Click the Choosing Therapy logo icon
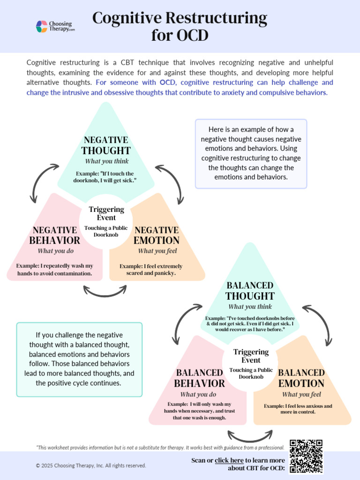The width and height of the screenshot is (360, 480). click(x=42, y=26)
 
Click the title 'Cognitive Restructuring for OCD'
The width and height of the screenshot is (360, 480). click(x=180, y=26)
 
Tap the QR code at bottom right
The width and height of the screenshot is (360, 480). click(x=306, y=456)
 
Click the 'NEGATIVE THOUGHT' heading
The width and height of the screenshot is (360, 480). click(x=106, y=145)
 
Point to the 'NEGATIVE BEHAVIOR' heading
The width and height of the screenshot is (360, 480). click(x=54, y=235)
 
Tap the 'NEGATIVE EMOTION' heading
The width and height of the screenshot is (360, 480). click(x=157, y=235)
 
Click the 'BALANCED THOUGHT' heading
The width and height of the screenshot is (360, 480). click(x=250, y=291)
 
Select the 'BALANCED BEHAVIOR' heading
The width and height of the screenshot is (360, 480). click(x=199, y=378)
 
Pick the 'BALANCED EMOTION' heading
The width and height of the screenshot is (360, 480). click(x=301, y=378)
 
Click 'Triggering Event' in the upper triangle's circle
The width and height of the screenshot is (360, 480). click(x=106, y=213)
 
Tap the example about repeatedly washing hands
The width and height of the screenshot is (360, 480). click(x=54, y=270)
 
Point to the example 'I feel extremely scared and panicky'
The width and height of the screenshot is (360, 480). click(x=151, y=270)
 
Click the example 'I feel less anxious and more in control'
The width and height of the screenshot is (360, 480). click(x=298, y=409)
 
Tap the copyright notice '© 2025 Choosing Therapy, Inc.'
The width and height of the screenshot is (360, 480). click(x=91, y=465)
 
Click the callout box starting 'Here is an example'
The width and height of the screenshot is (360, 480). click(x=251, y=153)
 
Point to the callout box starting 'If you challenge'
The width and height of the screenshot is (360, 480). click(x=79, y=359)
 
